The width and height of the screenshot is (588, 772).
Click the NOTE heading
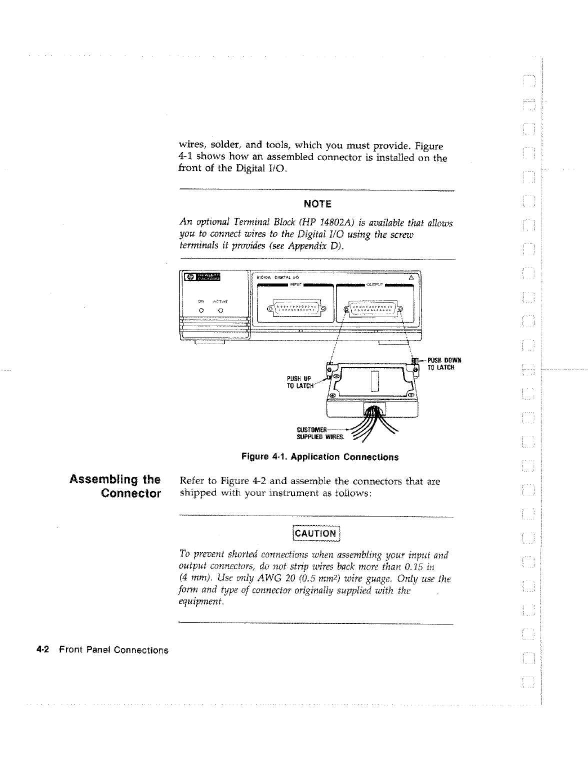(x=317, y=204)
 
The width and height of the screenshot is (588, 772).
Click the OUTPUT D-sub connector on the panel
(x=374, y=308)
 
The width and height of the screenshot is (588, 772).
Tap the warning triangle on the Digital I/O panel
(x=411, y=277)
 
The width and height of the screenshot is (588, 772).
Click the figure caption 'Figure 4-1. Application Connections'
(x=320, y=457)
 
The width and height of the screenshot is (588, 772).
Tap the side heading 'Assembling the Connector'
(x=116, y=486)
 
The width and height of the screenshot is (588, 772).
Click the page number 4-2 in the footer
(x=42, y=650)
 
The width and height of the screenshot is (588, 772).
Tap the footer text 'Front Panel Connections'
(x=113, y=650)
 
